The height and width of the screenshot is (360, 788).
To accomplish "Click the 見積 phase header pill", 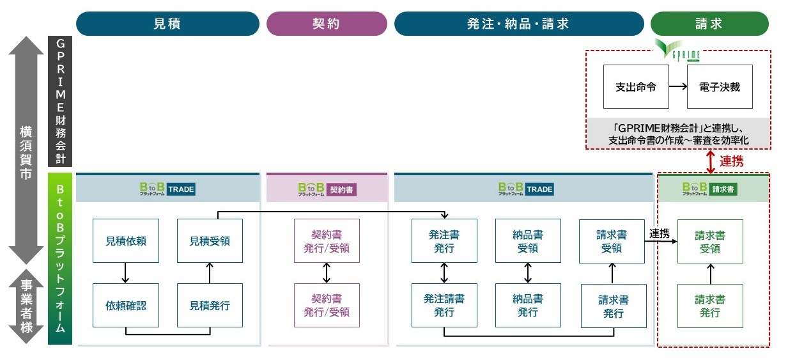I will point(167,24).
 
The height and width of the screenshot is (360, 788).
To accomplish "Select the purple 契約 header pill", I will point(326,24).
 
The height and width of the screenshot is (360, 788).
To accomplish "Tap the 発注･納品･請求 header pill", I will point(518,24).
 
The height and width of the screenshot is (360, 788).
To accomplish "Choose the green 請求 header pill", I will point(709,24).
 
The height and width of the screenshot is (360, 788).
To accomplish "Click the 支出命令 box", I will point(636,87).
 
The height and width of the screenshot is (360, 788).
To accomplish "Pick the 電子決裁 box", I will point(720,87).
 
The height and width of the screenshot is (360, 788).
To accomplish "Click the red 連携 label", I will point(731,161).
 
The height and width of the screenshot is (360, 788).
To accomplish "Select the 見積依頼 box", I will point(125,241).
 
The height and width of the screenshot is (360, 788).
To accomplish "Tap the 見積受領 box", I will point(210,241).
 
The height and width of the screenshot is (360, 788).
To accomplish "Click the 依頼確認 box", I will point(125,305).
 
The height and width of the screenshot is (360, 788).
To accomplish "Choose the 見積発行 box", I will point(210,305).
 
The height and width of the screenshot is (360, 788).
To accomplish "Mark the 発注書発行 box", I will point(444,241).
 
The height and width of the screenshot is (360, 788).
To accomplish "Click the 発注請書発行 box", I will point(444,305).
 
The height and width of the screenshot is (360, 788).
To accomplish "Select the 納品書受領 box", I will point(528,241).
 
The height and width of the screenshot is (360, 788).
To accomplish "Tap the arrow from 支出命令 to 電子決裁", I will point(677,87).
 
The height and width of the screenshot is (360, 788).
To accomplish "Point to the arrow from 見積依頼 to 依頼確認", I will point(125,273).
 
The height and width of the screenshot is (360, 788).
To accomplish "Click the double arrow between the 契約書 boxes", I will point(327,273).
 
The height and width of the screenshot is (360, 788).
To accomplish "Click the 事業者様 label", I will point(25,308).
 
